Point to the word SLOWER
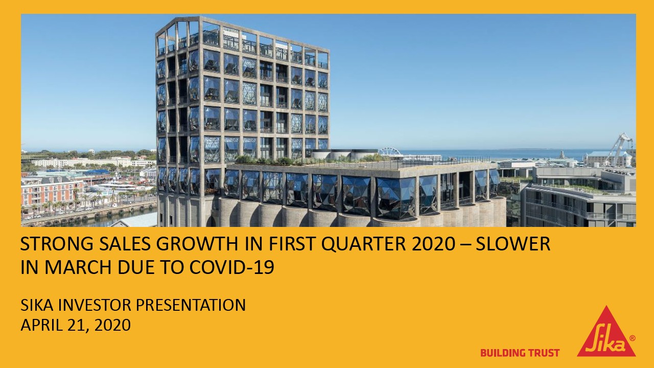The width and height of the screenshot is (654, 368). tap(513, 244)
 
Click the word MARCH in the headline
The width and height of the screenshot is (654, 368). tap(77, 267)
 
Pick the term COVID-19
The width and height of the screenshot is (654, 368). tap(232, 267)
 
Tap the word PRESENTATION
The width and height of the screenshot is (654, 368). tap(191, 305)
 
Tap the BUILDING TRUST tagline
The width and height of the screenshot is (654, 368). tap(520, 353)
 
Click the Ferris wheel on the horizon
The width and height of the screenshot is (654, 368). tap(390, 152)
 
